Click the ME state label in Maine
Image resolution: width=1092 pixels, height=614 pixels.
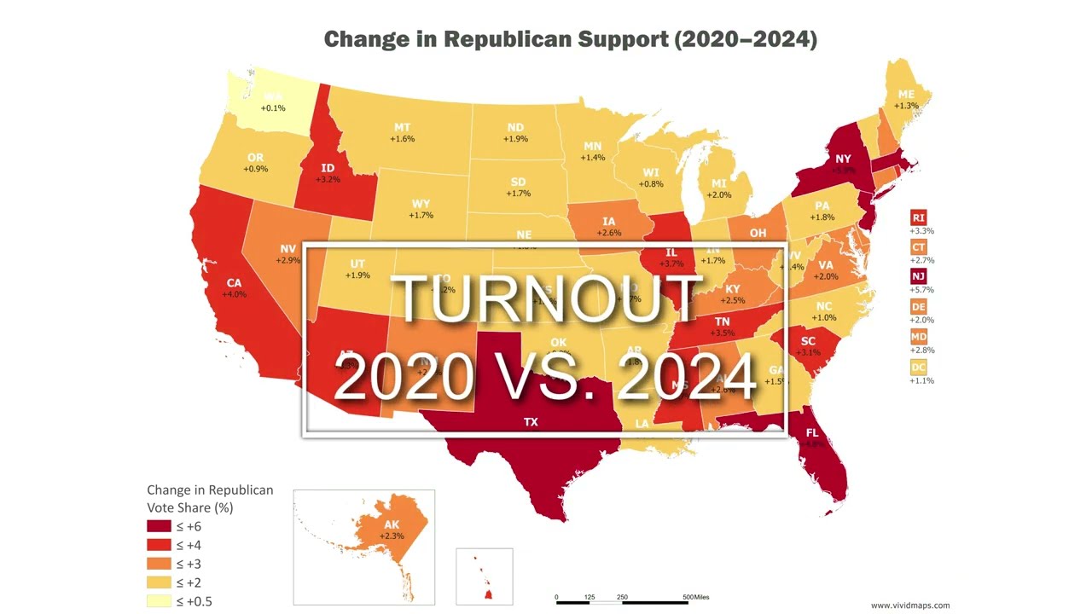906,94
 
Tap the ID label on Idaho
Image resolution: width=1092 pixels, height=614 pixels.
328,168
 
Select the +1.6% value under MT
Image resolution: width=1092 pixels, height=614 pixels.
402,139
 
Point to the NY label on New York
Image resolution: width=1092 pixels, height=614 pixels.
843,159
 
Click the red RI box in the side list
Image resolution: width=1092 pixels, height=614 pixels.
919,218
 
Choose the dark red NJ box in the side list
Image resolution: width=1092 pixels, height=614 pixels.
919,276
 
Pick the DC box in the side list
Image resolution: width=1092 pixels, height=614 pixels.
919,368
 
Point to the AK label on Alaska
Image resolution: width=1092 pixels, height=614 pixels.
392,524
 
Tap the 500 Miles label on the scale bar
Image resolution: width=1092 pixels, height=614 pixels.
695,597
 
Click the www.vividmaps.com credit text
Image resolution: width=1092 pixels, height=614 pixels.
909,605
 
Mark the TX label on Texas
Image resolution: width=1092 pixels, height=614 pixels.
531,422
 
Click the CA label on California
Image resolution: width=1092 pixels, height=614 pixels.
234,283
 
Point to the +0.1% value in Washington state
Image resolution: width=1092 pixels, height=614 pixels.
273,108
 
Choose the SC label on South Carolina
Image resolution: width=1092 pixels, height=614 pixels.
808,342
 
